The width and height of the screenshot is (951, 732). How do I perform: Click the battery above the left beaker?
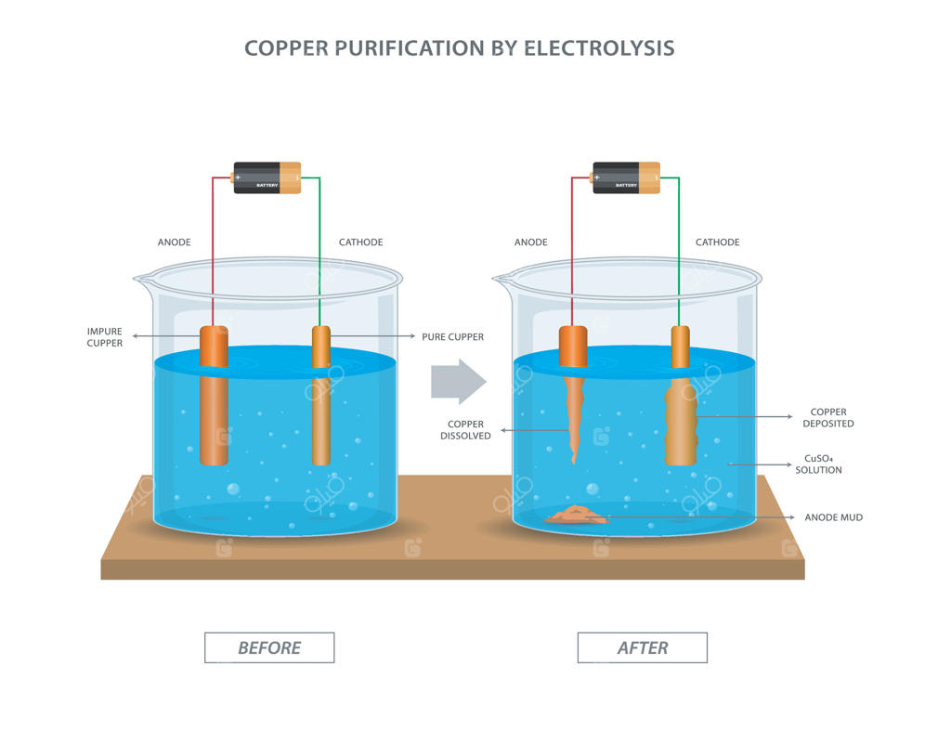click(x=267, y=177)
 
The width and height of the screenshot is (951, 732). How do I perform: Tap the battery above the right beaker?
click(x=626, y=177)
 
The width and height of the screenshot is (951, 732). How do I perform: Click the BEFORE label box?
click(x=269, y=647)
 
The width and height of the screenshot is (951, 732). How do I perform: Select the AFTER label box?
click(x=643, y=647)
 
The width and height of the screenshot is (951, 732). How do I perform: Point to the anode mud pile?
click(x=577, y=516)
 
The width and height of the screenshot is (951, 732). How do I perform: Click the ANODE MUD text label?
click(x=833, y=517)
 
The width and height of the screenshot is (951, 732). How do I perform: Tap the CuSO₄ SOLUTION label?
click(x=818, y=464)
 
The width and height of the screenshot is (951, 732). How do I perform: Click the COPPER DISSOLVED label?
click(x=465, y=430)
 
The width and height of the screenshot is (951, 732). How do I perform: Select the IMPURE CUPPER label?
click(x=105, y=337)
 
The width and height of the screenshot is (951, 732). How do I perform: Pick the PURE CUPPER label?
click(x=452, y=337)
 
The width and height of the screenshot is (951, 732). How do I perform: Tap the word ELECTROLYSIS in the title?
click(x=599, y=48)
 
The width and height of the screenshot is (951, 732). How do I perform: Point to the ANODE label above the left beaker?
click(x=174, y=242)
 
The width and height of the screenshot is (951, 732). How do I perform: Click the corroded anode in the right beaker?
click(x=573, y=409)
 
